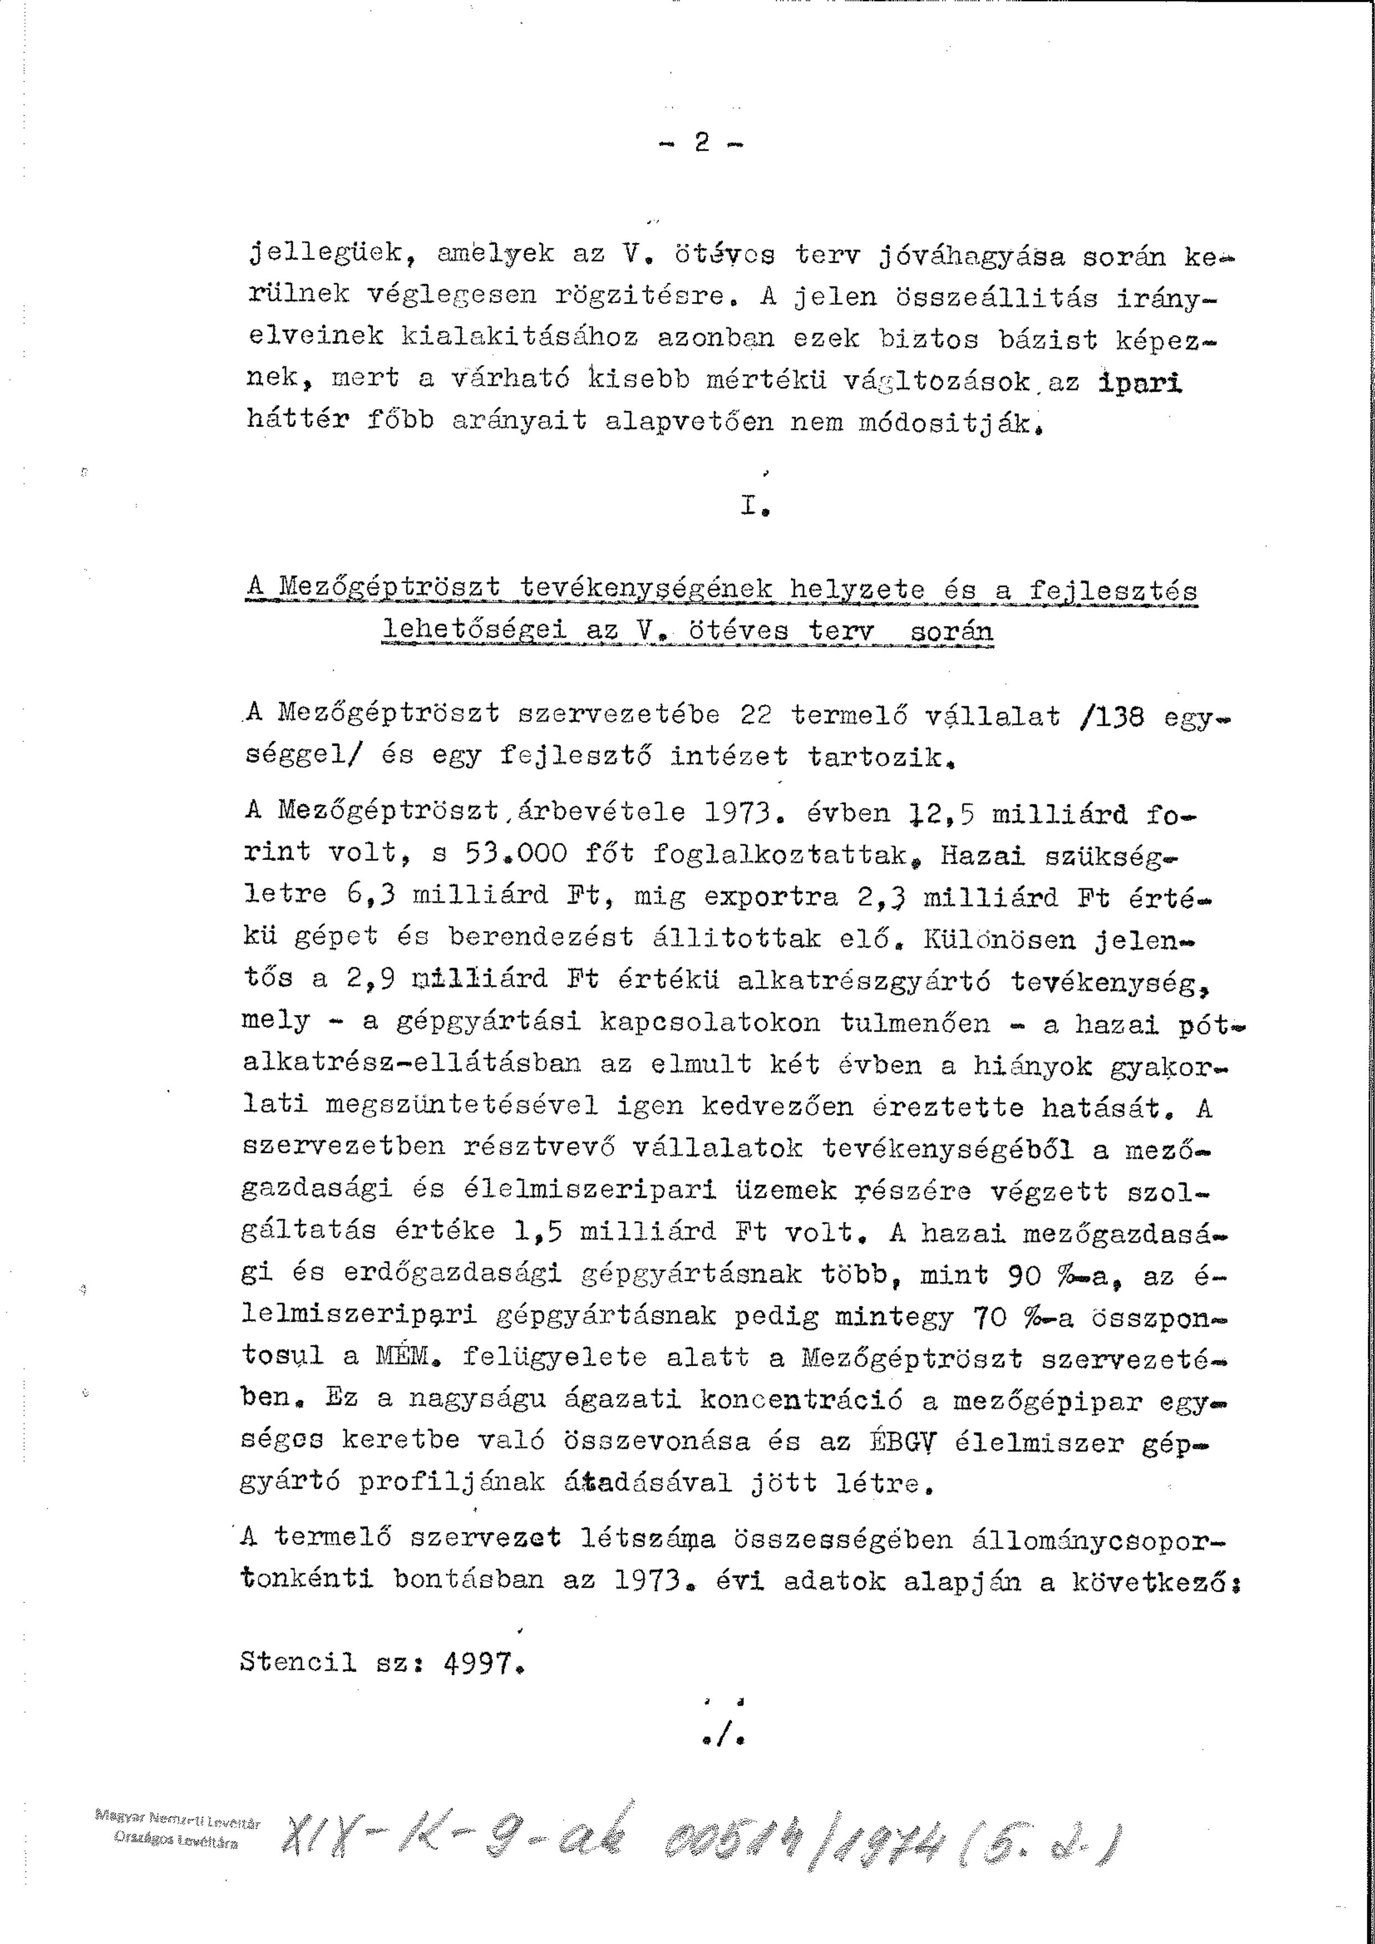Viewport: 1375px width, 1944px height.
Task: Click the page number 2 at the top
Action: pos(701,143)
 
